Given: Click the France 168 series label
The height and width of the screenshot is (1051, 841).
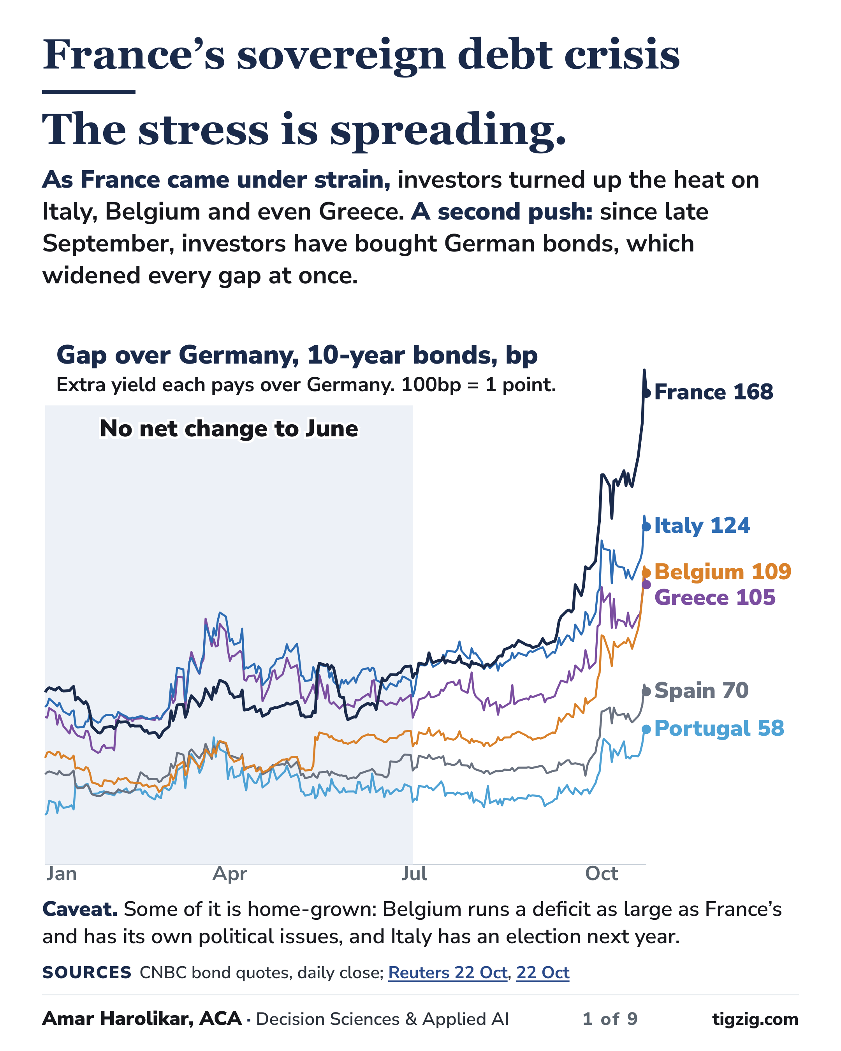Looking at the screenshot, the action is pyautogui.click(x=713, y=392).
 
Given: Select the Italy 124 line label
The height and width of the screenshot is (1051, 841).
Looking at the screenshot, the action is pyautogui.click(x=702, y=525).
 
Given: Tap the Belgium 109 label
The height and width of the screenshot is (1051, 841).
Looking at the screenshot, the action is pyautogui.click(x=723, y=571).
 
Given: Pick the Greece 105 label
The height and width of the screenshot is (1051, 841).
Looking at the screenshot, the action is pyautogui.click(x=715, y=597).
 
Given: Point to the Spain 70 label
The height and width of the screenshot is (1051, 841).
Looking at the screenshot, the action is pyautogui.click(x=701, y=690).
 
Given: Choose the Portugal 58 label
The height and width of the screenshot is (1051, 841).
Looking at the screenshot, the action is pyautogui.click(x=719, y=728).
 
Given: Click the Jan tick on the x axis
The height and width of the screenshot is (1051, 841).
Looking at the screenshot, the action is pyautogui.click(x=62, y=874).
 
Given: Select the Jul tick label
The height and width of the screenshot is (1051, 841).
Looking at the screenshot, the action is pyautogui.click(x=414, y=874).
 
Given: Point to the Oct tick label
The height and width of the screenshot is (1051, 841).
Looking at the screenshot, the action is pyautogui.click(x=602, y=874).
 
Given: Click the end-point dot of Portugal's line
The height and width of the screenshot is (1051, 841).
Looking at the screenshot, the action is pyautogui.click(x=646, y=729).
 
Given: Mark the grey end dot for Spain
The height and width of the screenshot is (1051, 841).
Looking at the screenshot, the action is pyautogui.click(x=646, y=691).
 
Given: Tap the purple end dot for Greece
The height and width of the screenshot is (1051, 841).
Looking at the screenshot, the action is pyautogui.click(x=646, y=585).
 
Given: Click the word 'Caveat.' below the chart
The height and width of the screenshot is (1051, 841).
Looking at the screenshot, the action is pyautogui.click(x=80, y=909).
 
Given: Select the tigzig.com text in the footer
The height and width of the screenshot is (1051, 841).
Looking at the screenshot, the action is pyautogui.click(x=755, y=1019).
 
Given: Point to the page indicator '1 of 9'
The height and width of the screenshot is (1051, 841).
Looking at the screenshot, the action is pyautogui.click(x=610, y=1019).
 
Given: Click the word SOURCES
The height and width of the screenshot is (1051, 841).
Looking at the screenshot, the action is pyautogui.click(x=87, y=972).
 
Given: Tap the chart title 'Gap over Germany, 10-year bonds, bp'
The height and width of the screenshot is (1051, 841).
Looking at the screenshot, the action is pyautogui.click(x=297, y=355).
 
